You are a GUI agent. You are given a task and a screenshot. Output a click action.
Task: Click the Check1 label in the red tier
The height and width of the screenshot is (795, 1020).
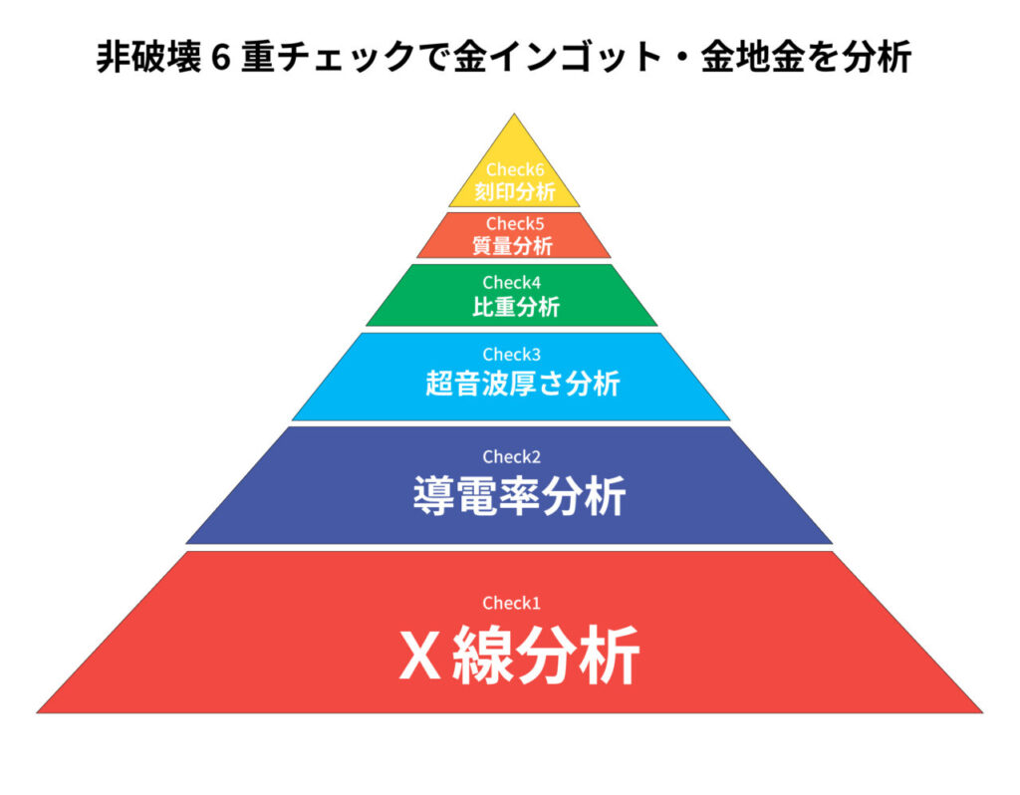point(510,603)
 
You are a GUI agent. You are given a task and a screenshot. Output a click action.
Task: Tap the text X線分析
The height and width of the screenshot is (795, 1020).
point(518,655)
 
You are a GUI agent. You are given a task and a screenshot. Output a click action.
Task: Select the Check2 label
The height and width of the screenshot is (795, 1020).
point(510,457)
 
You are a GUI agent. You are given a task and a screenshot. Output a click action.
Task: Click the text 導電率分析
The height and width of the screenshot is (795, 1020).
point(519,495)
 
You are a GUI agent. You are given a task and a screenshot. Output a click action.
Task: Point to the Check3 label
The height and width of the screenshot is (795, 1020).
point(510,354)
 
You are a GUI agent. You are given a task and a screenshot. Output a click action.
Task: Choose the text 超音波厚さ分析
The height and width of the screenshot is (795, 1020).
point(522,384)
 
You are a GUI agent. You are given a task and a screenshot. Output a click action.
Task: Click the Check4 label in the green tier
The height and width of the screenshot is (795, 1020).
point(511,283)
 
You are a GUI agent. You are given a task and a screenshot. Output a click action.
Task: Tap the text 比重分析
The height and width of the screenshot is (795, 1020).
point(515,306)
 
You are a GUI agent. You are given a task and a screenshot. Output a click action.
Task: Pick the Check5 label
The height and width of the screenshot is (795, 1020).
point(514,224)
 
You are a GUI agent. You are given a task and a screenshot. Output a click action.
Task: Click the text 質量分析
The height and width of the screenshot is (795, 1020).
point(514,244)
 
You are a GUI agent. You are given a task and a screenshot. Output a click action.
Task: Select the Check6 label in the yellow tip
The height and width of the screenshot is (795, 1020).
point(514,169)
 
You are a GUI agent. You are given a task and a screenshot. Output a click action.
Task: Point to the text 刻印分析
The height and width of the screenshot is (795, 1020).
point(514,189)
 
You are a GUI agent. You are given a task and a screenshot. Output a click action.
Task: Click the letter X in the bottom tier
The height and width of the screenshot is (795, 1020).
point(419,656)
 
